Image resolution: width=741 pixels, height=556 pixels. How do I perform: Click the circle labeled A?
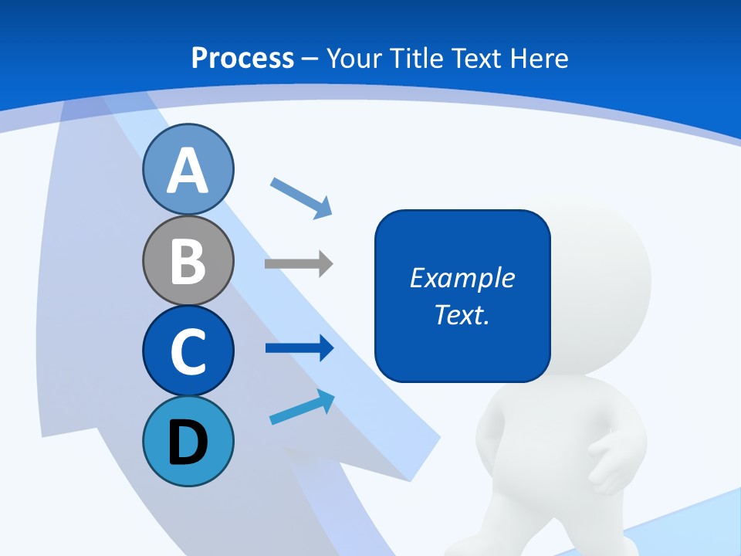click(x=188, y=169)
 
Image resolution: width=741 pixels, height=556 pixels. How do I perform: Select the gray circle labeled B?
click(x=188, y=260)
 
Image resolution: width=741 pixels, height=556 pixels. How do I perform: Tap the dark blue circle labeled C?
click(x=188, y=351)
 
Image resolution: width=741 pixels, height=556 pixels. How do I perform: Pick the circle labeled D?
click(x=188, y=441)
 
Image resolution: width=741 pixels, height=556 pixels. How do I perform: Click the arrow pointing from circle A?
click(x=301, y=197)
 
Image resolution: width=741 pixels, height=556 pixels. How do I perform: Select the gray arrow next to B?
click(x=299, y=264)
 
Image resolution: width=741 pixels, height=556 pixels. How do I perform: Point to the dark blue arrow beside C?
click(x=299, y=348)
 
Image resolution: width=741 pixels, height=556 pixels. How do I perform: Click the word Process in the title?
click(x=242, y=58)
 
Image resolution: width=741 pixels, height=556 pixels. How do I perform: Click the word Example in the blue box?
click(x=462, y=278)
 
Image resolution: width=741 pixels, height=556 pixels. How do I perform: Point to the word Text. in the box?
click(x=462, y=314)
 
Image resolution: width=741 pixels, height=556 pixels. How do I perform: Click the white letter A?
click(x=188, y=171)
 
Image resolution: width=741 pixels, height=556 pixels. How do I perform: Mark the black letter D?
click(x=188, y=442)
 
